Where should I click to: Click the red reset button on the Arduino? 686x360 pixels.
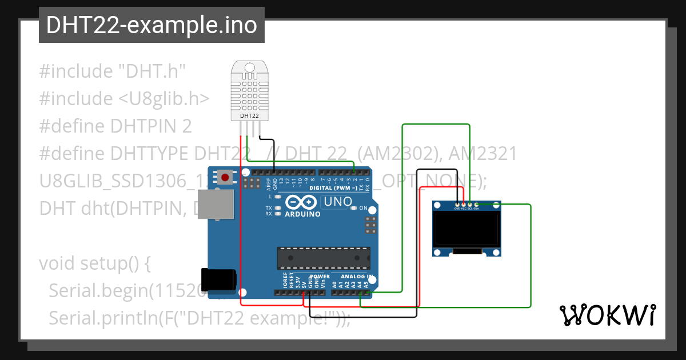coord(225,177)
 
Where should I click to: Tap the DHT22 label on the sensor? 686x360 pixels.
coord(249,115)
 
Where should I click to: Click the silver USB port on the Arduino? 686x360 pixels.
coord(216,204)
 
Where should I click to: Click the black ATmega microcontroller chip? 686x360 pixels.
coord(324,258)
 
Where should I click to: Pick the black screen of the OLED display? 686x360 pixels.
coord(467,229)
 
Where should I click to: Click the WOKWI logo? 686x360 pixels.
coord(607,315)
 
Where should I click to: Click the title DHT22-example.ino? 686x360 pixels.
coord(151,25)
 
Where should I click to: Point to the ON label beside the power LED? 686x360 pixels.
coord(363,208)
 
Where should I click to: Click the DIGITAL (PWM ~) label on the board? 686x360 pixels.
coord(333,187)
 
